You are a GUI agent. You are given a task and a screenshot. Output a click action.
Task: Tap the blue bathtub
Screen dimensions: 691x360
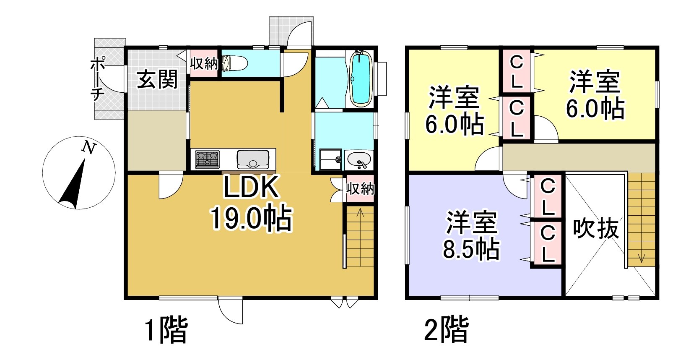[360, 79]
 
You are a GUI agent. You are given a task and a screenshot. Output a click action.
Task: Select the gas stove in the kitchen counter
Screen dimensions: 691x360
[207, 159]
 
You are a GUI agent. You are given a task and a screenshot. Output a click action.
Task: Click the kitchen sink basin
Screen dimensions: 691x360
[253, 159]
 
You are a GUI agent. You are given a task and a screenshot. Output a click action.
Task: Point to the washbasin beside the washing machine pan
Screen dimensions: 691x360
[359, 160]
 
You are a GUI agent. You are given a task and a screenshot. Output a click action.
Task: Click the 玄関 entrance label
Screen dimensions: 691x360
[157, 79]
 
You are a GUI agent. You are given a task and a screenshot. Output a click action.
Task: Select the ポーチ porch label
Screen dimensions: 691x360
[97, 79]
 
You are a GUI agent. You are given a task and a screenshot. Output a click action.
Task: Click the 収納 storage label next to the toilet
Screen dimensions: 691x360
[204, 64]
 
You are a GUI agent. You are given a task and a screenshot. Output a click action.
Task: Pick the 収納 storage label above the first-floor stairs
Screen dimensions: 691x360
[360, 188]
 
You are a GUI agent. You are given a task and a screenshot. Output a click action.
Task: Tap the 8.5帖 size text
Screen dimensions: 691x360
[471, 249]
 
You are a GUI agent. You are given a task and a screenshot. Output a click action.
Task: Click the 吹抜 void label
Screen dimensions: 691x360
[596, 229]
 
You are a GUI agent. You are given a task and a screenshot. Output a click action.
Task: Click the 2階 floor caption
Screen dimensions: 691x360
[447, 329]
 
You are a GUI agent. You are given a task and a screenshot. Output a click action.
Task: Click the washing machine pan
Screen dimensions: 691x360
[330, 159]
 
